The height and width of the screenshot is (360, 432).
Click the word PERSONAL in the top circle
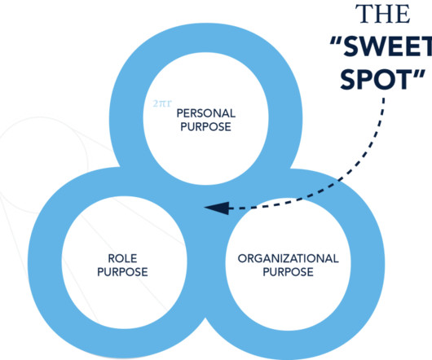(205, 113)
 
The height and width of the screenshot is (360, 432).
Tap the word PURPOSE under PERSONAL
(205, 127)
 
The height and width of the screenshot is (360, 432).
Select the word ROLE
(122, 258)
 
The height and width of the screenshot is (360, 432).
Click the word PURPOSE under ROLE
(122, 272)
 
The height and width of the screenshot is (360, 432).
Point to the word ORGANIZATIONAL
(289, 258)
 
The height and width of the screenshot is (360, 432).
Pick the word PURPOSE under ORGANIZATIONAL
(289, 272)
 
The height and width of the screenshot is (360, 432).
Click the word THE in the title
(382, 14)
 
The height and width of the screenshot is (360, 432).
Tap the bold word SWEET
(388, 46)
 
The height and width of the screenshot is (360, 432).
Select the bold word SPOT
(375, 79)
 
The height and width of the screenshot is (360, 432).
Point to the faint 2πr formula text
(162, 103)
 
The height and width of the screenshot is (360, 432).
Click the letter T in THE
(363, 14)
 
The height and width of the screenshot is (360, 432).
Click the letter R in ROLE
(112, 258)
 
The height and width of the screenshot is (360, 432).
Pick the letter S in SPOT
(349, 79)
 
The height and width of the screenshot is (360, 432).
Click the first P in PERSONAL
(179, 113)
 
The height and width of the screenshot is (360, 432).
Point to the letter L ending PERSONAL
(232, 113)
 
